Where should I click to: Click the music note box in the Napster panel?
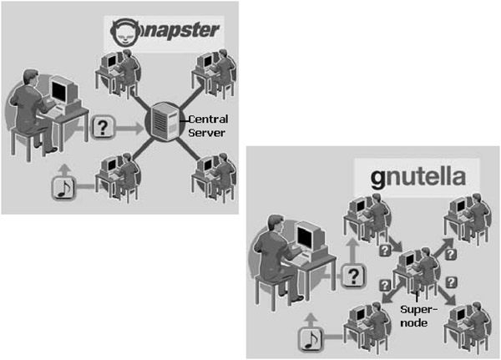(x=63, y=189)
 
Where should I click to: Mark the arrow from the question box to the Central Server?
(x=130, y=128)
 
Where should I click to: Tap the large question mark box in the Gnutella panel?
(x=356, y=275)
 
